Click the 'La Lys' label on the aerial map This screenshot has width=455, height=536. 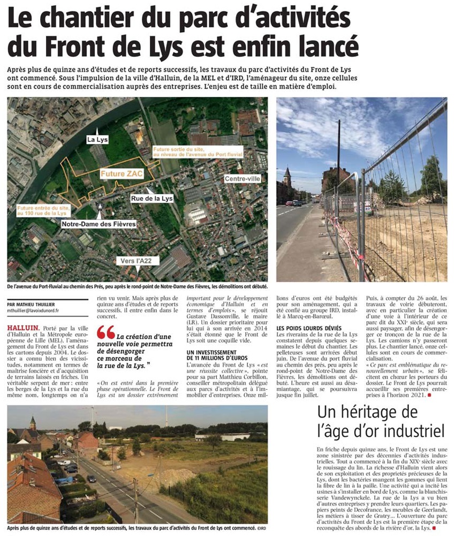coord(97,140)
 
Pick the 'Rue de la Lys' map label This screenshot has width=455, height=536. coord(152,198)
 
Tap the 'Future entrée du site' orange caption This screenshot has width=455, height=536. coord(40,210)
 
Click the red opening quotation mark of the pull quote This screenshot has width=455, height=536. coord(105,333)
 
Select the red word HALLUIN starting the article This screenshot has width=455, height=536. coord(22,327)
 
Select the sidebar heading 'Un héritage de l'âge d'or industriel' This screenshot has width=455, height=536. coord(381,421)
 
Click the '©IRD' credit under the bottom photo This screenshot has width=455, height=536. coord(260,528)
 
